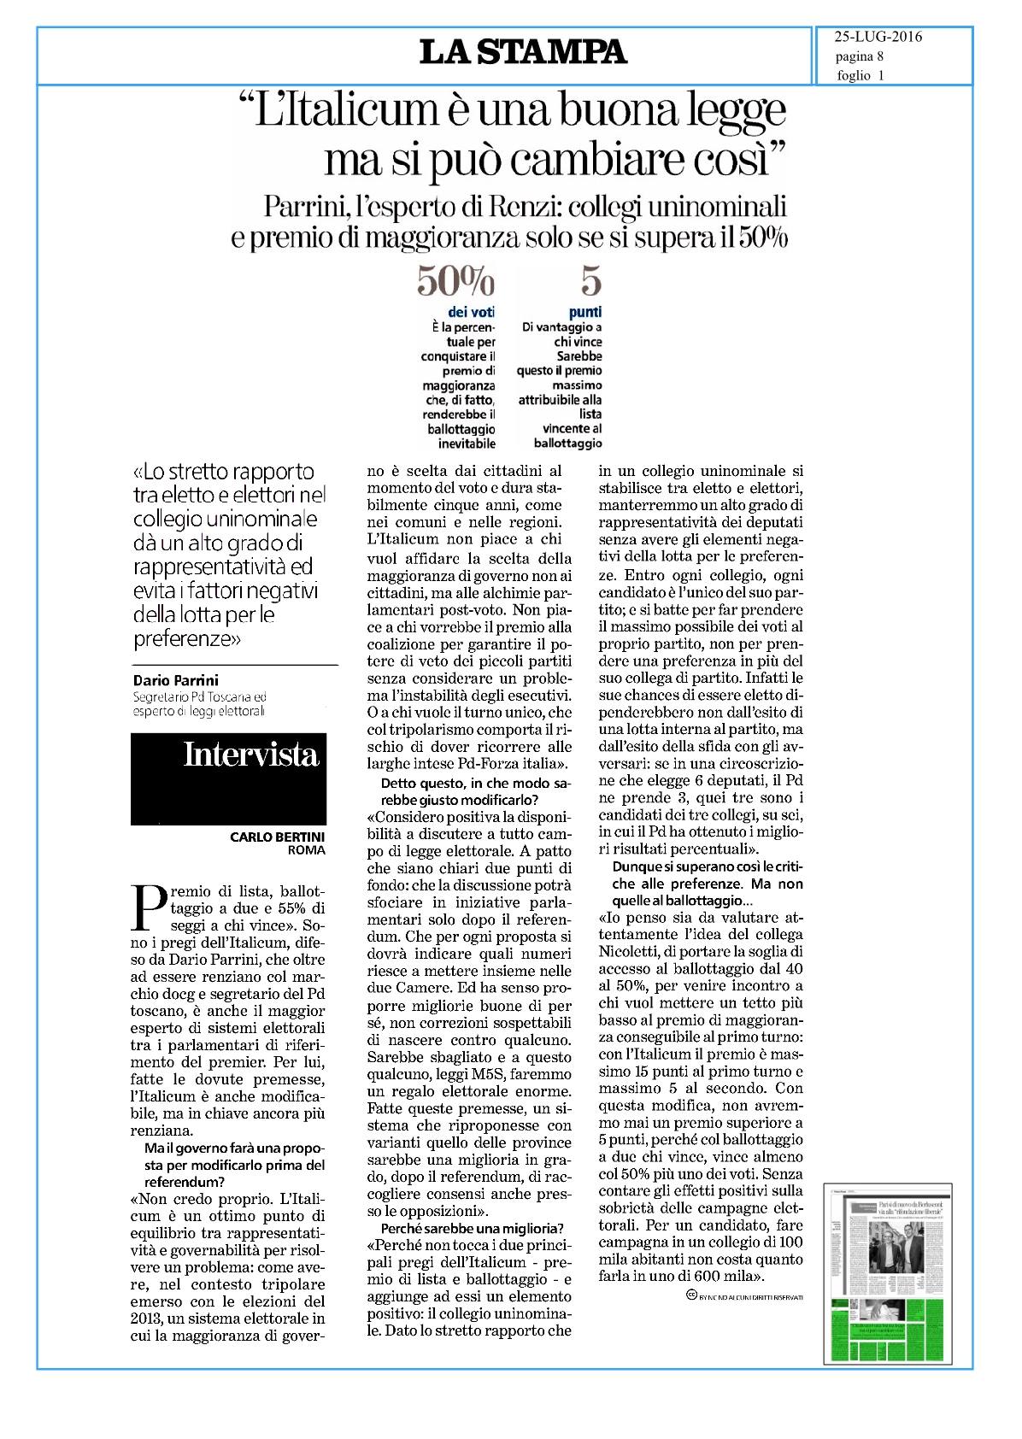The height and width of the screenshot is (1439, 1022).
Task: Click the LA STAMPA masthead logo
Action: point(523,52)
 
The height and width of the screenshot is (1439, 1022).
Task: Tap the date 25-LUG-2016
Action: point(878,37)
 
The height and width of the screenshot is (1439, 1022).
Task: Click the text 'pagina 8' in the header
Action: point(859,56)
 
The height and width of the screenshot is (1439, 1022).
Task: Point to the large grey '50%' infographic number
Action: point(455,280)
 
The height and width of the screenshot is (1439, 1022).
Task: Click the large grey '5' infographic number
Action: point(590,280)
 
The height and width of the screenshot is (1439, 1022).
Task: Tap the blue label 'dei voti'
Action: point(471,312)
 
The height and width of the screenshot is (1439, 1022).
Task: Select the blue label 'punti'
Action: point(585,312)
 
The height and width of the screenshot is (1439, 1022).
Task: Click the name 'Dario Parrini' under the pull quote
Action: point(176,680)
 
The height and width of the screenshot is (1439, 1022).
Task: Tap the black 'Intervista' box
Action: point(228,778)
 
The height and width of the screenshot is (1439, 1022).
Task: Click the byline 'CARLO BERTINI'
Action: point(277,837)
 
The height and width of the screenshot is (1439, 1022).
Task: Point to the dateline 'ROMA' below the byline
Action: point(306,849)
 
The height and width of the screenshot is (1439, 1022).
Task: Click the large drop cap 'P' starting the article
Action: point(148,907)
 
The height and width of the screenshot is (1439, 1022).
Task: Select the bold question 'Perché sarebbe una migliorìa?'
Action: point(473,1228)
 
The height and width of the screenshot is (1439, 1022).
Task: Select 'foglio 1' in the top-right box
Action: point(860,75)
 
